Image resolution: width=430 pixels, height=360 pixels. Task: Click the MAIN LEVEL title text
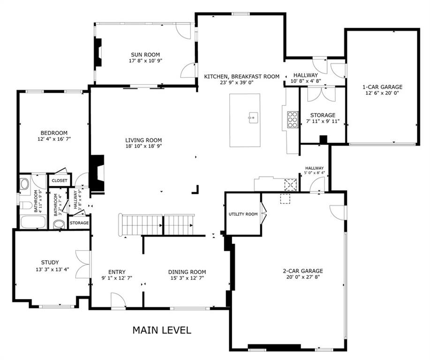162,330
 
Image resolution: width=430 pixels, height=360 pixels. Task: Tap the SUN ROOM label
143,54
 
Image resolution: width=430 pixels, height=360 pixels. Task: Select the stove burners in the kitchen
292,120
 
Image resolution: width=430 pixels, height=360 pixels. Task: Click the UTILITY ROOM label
243,214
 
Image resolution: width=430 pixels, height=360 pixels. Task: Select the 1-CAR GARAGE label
382,87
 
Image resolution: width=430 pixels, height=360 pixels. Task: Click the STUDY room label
50,262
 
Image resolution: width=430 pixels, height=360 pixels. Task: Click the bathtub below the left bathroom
33,221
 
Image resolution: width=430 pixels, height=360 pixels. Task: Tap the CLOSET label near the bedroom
60,180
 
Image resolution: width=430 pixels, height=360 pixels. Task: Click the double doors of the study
83,264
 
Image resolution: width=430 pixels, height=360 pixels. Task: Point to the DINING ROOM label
187,272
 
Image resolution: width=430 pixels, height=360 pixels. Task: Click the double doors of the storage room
322,94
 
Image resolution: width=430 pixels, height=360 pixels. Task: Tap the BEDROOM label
53,133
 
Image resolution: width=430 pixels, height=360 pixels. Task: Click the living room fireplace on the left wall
97,173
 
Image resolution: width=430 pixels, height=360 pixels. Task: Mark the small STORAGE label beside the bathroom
79,223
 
